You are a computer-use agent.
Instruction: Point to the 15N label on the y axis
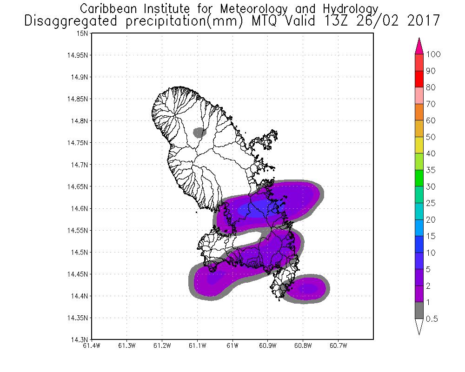click(x=84, y=33)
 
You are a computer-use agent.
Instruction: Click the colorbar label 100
click(x=433, y=54)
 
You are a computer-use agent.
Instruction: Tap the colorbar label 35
click(x=430, y=170)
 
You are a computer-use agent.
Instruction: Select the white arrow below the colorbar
click(x=418, y=326)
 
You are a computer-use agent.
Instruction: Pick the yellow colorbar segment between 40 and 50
click(x=418, y=145)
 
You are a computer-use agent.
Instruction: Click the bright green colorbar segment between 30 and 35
click(x=418, y=178)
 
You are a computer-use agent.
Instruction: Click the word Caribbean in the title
click(x=110, y=9)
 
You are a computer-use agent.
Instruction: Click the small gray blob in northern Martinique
click(x=199, y=133)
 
